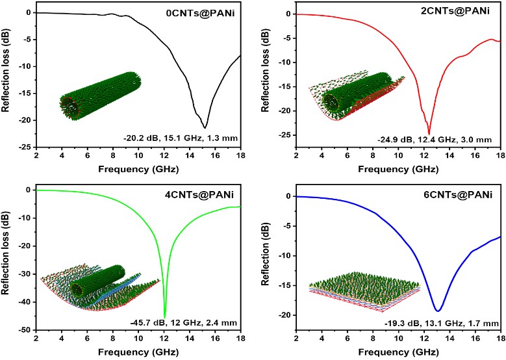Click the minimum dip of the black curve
click(x=205, y=128)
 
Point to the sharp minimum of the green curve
click(x=165, y=317)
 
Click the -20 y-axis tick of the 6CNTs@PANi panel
click(x=285, y=315)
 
